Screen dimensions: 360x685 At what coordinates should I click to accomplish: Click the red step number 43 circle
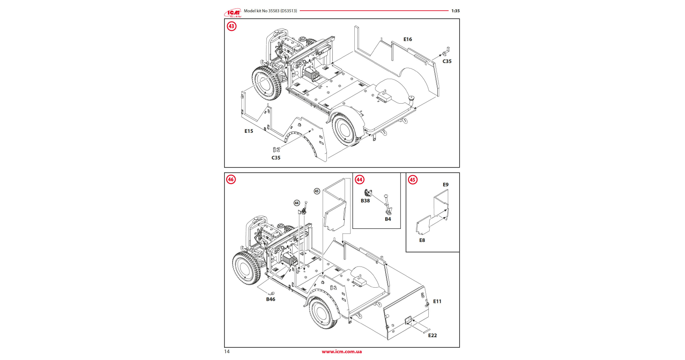pyautogui.click(x=231, y=26)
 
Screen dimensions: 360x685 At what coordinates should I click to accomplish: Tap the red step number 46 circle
pyautogui.click(x=231, y=179)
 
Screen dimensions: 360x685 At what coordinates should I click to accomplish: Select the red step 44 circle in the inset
pyautogui.click(x=359, y=179)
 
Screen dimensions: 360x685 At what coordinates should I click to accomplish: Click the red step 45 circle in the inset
pyautogui.click(x=413, y=180)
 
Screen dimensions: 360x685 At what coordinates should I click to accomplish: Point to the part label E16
pyautogui.click(x=408, y=39)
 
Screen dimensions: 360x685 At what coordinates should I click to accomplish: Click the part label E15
pyautogui.click(x=249, y=131)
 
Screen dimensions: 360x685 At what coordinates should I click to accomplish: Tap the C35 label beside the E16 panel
pyautogui.click(x=447, y=61)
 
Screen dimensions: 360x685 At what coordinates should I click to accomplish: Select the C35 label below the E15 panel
pyautogui.click(x=276, y=158)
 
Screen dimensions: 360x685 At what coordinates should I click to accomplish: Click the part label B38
pyautogui.click(x=365, y=201)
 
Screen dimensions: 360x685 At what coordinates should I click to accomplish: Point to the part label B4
pyautogui.click(x=388, y=219)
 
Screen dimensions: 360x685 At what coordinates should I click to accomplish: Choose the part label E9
pyautogui.click(x=446, y=185)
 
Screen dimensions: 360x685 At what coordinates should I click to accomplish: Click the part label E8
pyautogui.click(x=422, y=240)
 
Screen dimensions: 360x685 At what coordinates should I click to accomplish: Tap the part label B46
pyautogui.click(x=271, y=300)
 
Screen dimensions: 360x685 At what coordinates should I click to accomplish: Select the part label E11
pyautogui.click(x=437, y=302)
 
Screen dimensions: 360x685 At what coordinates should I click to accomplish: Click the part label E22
pyautogui.click(x=433, y=335)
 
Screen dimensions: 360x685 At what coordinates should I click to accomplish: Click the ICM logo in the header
pyautogui.click(x=233, y=12)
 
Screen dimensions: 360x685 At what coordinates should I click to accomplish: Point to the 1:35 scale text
pyautogui.click(x=455, y=11)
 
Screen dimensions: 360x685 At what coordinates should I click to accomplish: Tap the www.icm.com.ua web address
pyautogui.click(x=342, y=352)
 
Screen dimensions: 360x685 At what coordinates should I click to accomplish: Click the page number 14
pyautogui.click(x=227, y=352)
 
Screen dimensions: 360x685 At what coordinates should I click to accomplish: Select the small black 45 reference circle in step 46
pyautogui.click(x=317, y=191)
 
